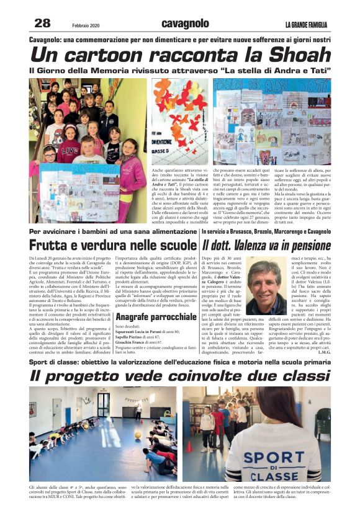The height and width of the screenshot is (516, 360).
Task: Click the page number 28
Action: tap(42, 23)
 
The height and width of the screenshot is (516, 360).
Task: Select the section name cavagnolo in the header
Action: tap(185, 24)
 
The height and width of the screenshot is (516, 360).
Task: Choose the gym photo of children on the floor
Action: tap(104, 434)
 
